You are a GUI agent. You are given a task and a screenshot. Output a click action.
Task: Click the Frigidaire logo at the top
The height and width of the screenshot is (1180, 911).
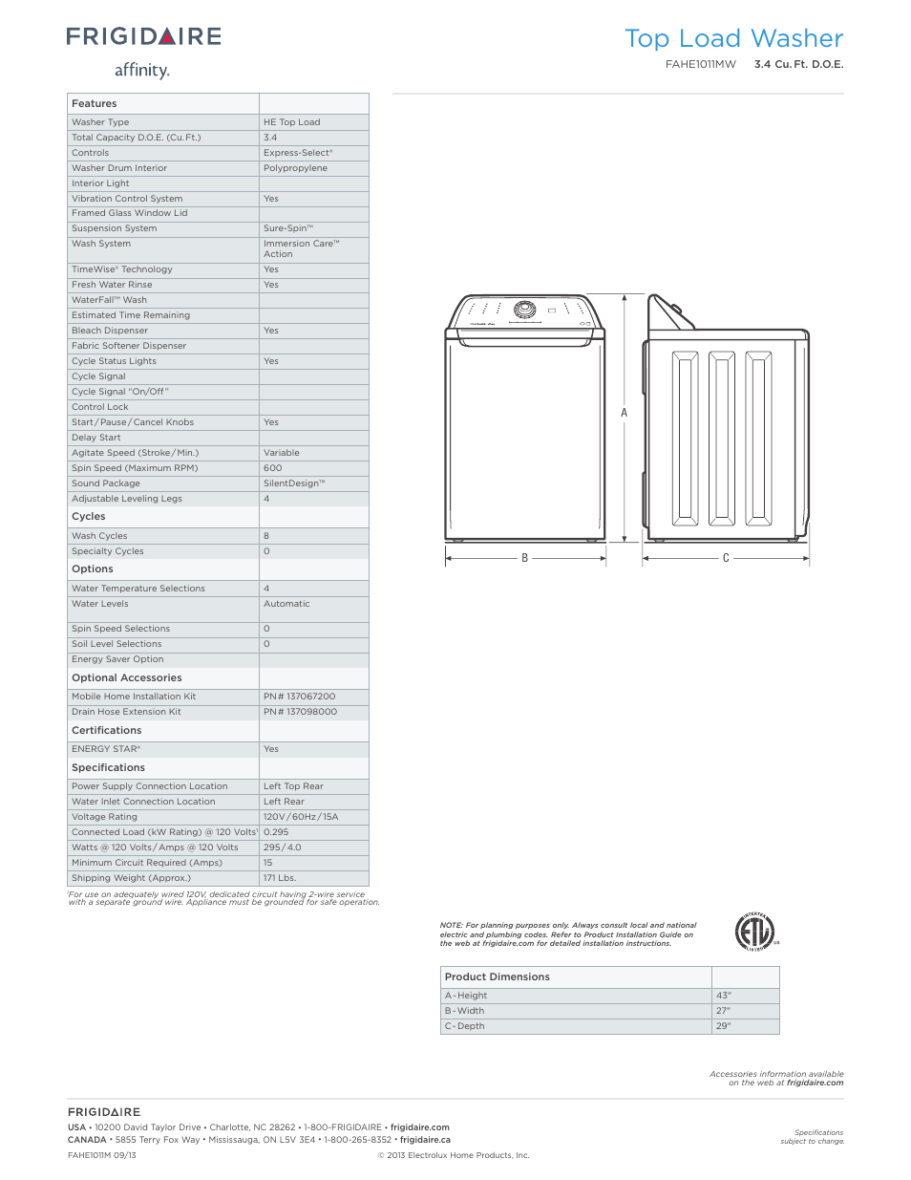pyautogui.click(x=144, y=37)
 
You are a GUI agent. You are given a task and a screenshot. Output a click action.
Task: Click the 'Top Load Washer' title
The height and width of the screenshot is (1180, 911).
pyautogui.click(x=733, y=39)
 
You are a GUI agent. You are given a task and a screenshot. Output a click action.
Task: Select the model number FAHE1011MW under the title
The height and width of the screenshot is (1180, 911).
pyautogui.click(x=701, y=65)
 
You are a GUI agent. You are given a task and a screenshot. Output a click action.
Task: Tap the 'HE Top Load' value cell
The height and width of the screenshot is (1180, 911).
pyautogui.click(x=292, y=122)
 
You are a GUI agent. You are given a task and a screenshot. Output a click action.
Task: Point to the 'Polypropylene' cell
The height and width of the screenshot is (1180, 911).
pyautogui.click(x=295, y=168)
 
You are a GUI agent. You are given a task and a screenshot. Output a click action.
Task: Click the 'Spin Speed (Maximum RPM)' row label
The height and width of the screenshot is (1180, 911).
pyautogui.click(x=135, y=468)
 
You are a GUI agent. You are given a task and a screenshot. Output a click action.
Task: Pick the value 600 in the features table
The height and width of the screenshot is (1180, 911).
pyautogui.click(x=273, y=468)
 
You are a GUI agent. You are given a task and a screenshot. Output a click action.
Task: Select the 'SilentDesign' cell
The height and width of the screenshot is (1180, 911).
pyautogui.click(x=294, y=483)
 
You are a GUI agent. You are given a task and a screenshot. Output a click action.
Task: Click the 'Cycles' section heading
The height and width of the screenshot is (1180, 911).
pyautogui.click(x=89, y=517)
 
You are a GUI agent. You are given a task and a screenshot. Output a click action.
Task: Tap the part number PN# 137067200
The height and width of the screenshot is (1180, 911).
pyautogui.click(x=300, y=697)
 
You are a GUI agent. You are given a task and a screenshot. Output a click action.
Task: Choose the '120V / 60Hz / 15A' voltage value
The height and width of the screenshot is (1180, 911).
pyautogui.click(x=301, y=817)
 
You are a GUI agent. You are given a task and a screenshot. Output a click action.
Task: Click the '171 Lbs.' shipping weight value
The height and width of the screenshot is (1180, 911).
pyautogui.click(x=280, y=878)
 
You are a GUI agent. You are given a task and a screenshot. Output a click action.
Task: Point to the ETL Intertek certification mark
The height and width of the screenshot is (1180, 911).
pyautogui.click(x=754, y=932)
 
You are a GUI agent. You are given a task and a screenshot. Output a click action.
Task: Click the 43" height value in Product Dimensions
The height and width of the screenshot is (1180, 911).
pyautogui.click(x=724, y=996)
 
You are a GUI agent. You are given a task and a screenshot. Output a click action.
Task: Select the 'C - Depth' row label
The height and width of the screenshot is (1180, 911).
pyautogui.click(x=465, y=1026)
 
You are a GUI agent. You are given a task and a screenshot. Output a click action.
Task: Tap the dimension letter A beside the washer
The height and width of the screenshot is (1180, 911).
pyautogui.click(x=625, y=414)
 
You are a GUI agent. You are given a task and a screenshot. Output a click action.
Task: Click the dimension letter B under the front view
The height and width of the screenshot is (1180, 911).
pyautogui.click(x=524, y=558)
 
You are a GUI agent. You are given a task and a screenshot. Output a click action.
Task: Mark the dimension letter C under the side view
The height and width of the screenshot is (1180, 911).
pyautogui.click(x=726, y=558)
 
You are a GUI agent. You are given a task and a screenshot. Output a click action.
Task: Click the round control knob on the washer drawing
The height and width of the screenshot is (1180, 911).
pyautogui.click(x=524, y=310)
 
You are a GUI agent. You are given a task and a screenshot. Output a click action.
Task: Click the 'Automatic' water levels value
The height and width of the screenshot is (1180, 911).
pyautogui.click(x=286, y=604)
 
